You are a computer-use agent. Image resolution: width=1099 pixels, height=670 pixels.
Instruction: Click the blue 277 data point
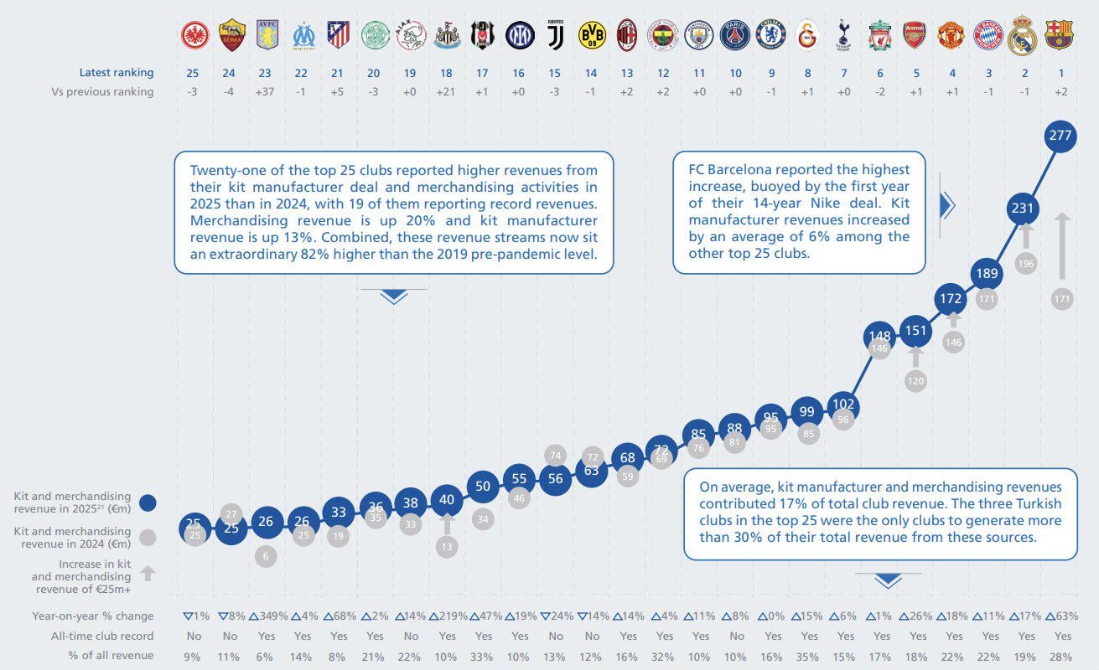[x=1060, y=136]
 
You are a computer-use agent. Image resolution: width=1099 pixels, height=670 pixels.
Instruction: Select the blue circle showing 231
[x=1023, y=209]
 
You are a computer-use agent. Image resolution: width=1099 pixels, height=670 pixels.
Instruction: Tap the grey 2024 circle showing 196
[x=1025, y=263]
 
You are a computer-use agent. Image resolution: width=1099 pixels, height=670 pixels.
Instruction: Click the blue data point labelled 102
[x=843, y=404]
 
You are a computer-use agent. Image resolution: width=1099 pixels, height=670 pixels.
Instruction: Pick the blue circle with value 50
[x=482, y=486]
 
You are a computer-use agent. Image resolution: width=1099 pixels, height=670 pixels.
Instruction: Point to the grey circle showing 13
[x=447, y=547]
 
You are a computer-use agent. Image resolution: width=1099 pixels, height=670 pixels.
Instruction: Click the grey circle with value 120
[x=915, y=380]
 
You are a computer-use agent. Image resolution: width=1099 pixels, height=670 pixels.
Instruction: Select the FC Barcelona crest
[x=1060, y=35]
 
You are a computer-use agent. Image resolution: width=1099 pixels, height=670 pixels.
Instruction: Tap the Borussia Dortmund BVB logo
[x=592, y=35]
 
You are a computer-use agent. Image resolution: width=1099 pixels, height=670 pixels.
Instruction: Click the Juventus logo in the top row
[x=556, y=35]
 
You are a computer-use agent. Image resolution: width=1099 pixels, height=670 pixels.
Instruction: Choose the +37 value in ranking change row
[x=265, y=92]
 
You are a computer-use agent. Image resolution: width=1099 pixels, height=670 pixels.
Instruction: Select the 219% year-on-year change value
[x=448, y=616]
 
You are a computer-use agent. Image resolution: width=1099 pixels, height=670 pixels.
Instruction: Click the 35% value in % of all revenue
[x=807, y=656]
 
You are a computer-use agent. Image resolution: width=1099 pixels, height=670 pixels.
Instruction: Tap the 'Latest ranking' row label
[x=117, y=73]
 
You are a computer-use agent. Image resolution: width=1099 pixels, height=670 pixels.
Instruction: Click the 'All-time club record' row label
[x=103, y=636]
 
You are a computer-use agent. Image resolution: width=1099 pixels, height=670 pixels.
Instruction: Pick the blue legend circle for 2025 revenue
[x=148, y=502]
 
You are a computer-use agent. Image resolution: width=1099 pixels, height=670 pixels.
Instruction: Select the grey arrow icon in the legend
[x=148, y=574]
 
